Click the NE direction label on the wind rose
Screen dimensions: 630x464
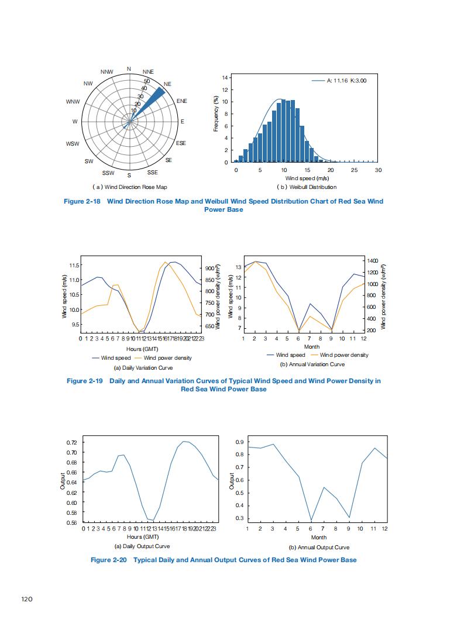pyautogui.click(x=167, y=84)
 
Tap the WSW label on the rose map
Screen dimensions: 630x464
pyautogui.click(x=73, y=143)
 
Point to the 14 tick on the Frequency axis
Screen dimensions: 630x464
pyautogui.click(x=225, y=78)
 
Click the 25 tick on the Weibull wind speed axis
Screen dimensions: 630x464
pyautogui.click(x=354, y=170)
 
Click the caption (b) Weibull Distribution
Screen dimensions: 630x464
pyautogui.click(x=307, y=187)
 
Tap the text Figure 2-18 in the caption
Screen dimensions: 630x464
pyautogui.click(x=83, y=201)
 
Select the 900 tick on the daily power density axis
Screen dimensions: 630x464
pyautogui.click(x=209, y=268)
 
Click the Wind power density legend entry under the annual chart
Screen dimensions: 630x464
pyautogui.click(x=343, y=355)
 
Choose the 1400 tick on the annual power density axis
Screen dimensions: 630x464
pyautogui.click(x=371, y=260)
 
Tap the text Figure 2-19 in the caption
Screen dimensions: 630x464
pyautogui.click(x=85, y=381)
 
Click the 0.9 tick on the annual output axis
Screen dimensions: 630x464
pyautogui.click(x=239, y=442)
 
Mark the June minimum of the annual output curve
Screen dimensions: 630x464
pyautogui.click(x=311, y=521)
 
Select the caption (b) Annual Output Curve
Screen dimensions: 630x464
pyautogui.click(x=319, y=548)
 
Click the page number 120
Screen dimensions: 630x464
pyautogui.click(x=26, y=599)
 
